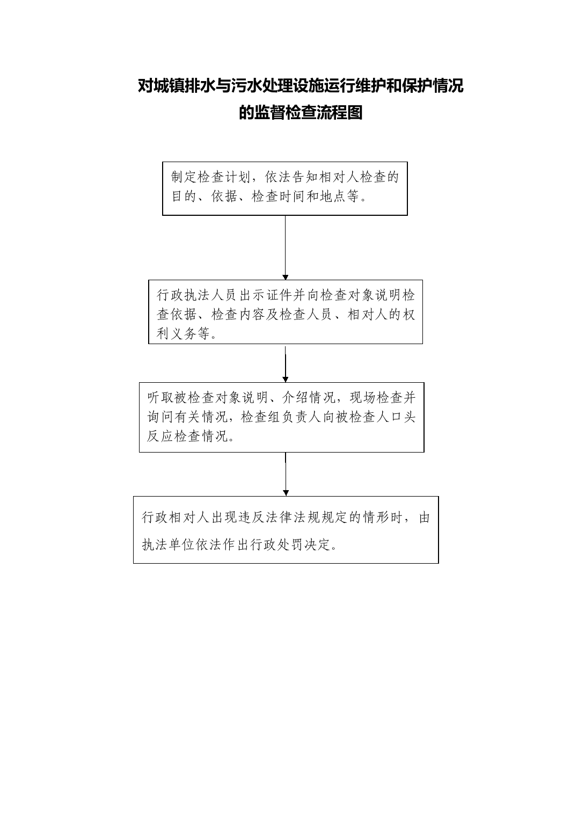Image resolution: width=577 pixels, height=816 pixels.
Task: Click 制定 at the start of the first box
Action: pos(184,177)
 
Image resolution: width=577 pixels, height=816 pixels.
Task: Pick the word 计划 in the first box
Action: pos(238,177)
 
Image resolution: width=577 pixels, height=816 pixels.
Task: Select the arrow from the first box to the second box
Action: pos(285,247)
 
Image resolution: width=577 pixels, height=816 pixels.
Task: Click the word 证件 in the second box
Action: pos(280,295)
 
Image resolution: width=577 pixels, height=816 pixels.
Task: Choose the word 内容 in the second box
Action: pos(252,315)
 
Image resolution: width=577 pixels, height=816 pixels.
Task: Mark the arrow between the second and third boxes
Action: pos(285,363)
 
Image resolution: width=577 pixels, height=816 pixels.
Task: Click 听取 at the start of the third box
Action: pos(160,398)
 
